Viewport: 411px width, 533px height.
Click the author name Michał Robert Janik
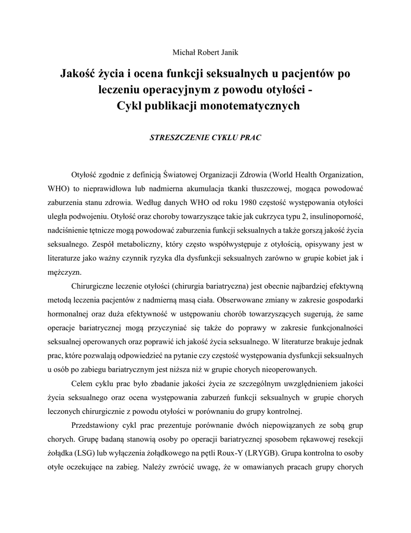point(205,52)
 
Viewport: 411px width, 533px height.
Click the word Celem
point(81,384)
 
